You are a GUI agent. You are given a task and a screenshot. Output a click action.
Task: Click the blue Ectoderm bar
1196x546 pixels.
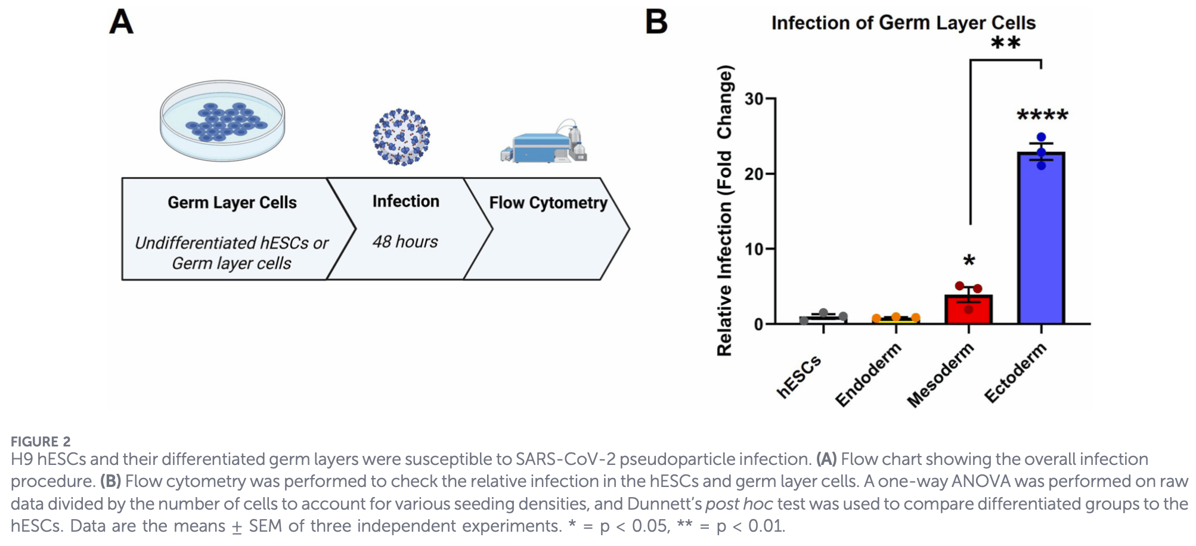pos(1041,238)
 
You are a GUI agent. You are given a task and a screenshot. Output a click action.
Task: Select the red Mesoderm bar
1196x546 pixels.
pos(968,310)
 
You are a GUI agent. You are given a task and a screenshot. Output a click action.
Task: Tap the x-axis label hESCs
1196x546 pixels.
pos(800,376)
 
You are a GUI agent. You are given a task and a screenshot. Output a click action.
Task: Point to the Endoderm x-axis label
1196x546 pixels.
pos(868,375)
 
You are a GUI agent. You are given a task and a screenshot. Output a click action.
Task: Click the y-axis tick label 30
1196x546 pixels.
pos(754,99)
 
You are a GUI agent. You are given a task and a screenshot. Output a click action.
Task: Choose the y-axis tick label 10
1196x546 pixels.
pos(754,249)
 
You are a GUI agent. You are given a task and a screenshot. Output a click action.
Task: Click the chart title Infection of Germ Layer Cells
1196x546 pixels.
pos(903,23)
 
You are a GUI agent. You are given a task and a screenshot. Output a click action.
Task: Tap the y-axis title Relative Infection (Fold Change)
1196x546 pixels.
pos(724,210)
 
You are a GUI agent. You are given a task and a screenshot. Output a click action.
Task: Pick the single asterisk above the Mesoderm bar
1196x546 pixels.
pos(969,261)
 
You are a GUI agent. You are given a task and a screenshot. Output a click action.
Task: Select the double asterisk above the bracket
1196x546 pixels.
pos(1005,44)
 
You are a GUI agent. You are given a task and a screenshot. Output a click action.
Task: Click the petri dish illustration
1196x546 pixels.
pos(222,120)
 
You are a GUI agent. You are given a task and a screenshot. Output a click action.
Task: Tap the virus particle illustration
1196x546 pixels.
pos(401,136)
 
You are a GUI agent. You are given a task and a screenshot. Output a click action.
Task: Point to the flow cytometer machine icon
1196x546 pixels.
pos(544,142)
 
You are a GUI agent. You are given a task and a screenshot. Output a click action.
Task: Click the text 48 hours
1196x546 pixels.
pos(405,241)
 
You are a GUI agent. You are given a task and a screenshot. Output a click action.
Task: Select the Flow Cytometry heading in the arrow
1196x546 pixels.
pos(548,203)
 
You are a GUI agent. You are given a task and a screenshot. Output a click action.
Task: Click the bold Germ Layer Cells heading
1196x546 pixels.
pos(232,203)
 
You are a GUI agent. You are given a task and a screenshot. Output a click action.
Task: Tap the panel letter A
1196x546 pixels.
pos(121,22)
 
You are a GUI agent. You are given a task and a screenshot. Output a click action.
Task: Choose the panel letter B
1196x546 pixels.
pos(656,22)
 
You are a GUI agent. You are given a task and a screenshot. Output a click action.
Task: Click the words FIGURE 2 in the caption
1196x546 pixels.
pos(41,442)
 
